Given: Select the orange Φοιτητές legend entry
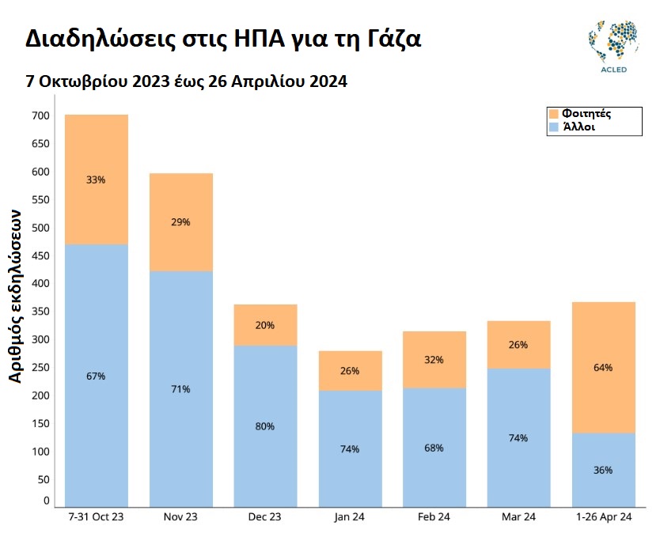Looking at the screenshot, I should pyautogui.click(x=580, y=113).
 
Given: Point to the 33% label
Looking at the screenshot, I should pyautogui.click(x=96, y=180).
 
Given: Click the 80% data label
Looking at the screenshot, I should pyautogui.click(x=265, y=426).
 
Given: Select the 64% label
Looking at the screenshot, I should pyautogui.click(x=603, y=368).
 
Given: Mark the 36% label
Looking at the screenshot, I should pyautogui.click(x=603, y=470).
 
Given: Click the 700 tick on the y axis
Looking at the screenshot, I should pyautogui.click(x=40, y=116).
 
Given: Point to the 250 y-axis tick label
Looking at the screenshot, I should pyautogui.click(x=40, y=367).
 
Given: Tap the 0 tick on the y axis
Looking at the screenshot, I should pyautogui.click(x=46, y=501).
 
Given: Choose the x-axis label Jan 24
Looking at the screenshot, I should pyautogui.click(x=349, y=517).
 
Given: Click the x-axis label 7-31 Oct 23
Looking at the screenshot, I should pyautogui.click(x=96, y=517).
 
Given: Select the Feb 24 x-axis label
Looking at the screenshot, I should pyautogui.click(x=434, y=517).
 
